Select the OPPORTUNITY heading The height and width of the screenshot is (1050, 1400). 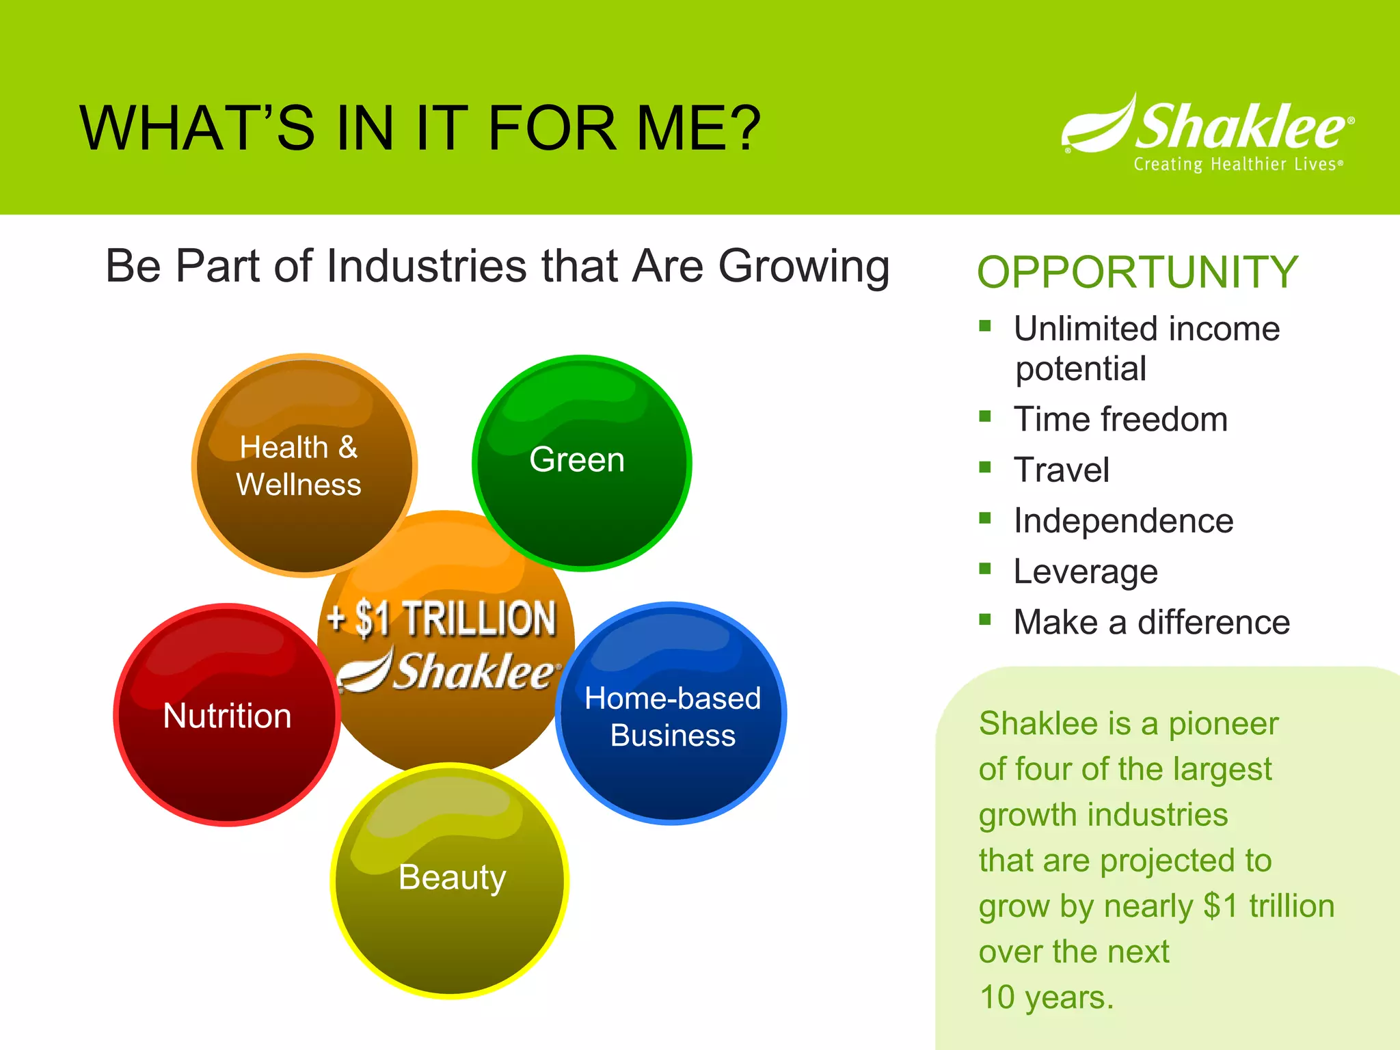coord(1137,272)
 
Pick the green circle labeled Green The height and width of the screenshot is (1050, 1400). coord(581,463)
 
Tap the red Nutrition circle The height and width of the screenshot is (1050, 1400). coord(227,715)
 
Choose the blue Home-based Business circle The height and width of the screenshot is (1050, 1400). coord(672,715)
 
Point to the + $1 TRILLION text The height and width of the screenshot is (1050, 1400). coord(442,619)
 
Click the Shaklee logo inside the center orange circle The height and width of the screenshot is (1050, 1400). coord(448,671)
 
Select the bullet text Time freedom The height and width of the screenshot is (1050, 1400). coord(1120,419)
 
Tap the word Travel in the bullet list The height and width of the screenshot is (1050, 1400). coord(1061,470)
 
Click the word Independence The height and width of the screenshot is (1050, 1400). coord(1123,521)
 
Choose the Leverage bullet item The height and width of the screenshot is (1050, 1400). coord(1085,571)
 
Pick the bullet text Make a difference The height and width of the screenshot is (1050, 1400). coord(1151,622)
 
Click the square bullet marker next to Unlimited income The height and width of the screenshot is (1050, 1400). coord(984,326)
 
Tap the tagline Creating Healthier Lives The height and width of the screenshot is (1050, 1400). coord(1237,165)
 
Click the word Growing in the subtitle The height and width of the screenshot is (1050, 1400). coord(804,267)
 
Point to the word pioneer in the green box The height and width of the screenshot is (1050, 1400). coord(1223,723)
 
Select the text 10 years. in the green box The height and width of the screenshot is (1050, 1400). coord(1046,997)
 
